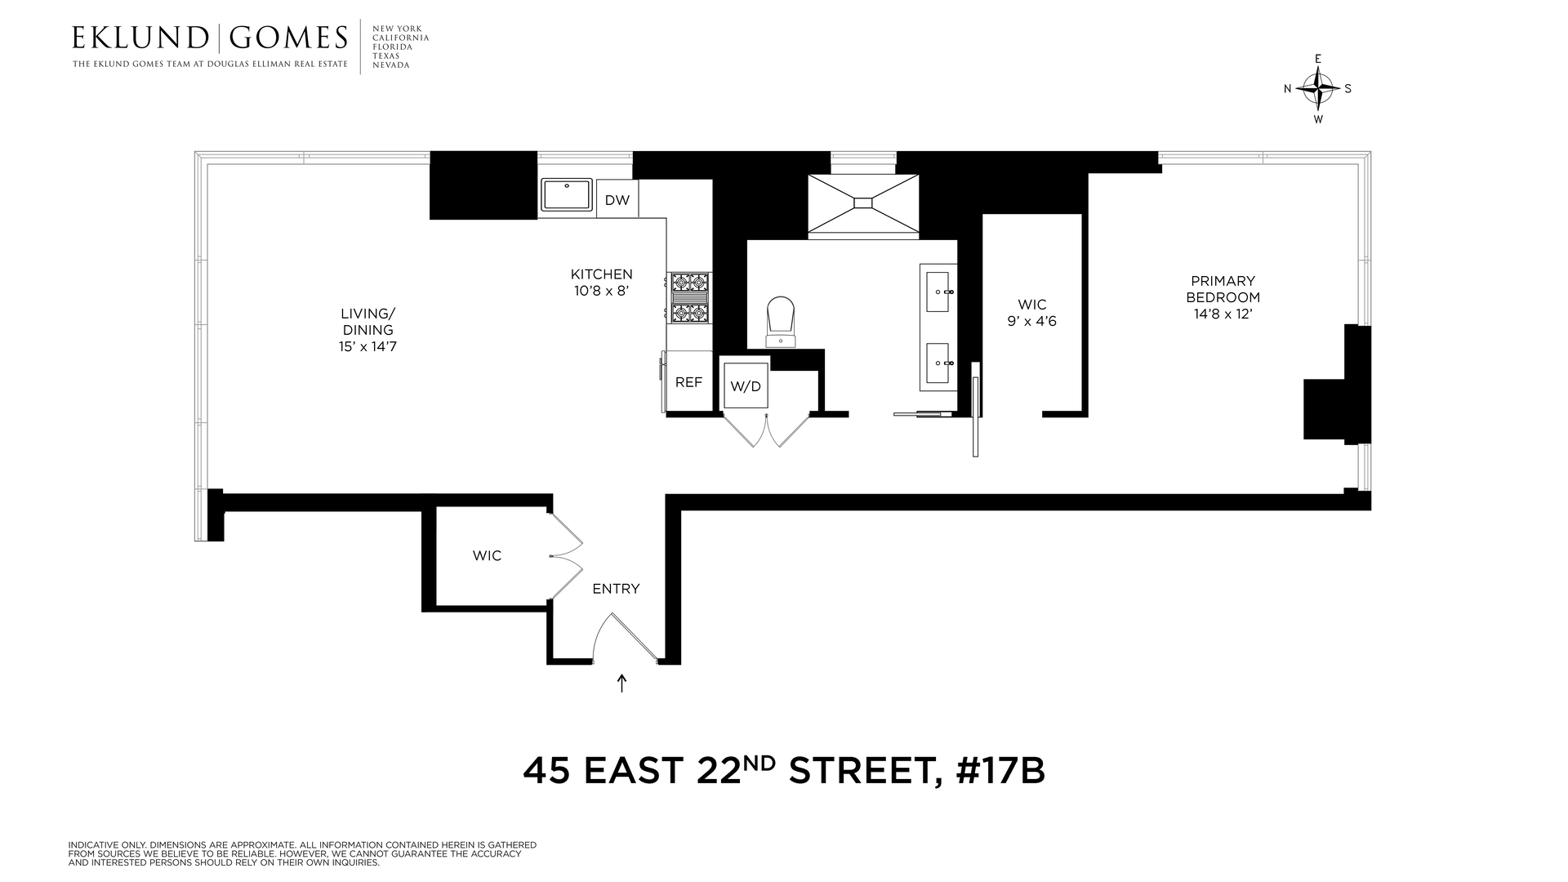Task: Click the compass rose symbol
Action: click(1317, 88)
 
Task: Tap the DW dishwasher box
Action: click(617, 199)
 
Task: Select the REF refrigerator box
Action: click(688, 381)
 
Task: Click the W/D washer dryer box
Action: click(745, 385)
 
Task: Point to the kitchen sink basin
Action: click(567, 196)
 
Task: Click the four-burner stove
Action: click(689, 298)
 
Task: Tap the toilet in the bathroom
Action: click(781, 322)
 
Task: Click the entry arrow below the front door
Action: click(621, 683)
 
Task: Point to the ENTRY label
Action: click(616, 589)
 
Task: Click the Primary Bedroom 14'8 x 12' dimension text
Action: click(1223, 314)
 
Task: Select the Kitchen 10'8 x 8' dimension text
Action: click(601, 290)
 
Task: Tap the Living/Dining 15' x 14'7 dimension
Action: click(367, 346)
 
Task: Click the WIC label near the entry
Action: click(487, 556)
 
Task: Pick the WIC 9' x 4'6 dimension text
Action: click(1031, 321)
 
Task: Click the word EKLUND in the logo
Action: click(140, 38)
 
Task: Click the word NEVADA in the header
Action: click(390, 65)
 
